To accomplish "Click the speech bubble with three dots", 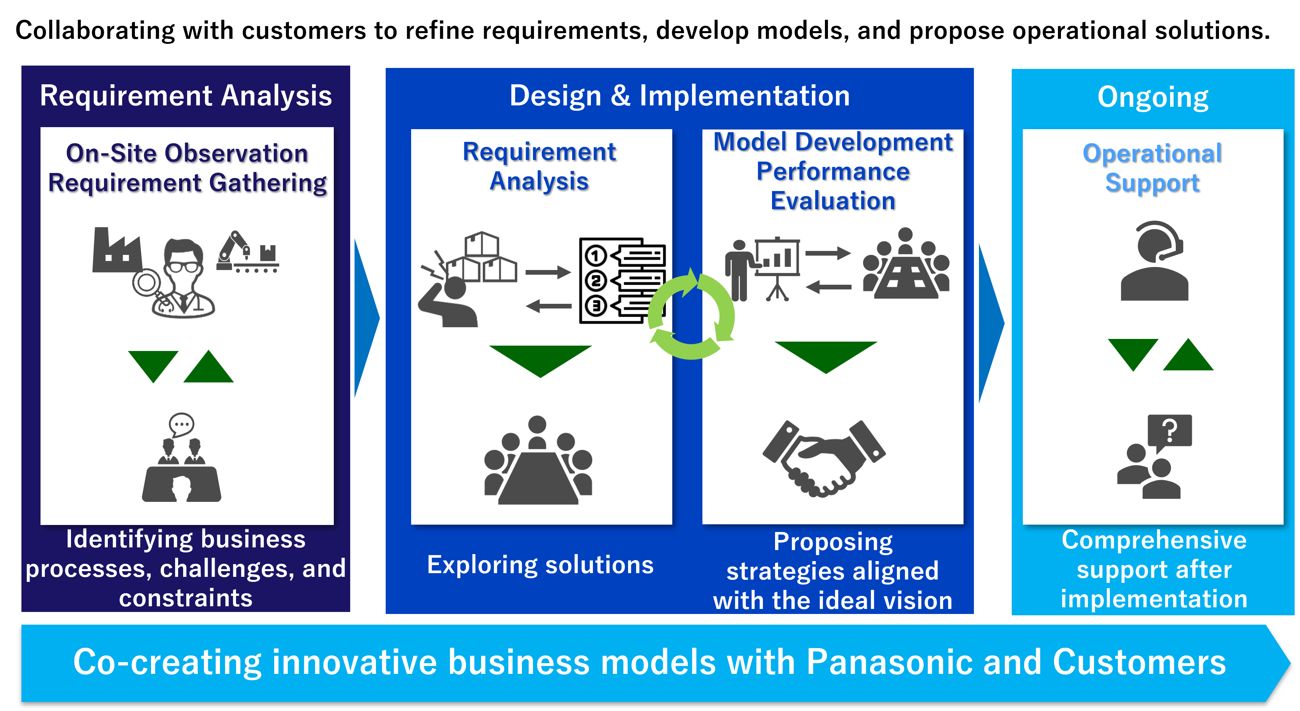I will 181,425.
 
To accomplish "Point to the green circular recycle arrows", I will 691,315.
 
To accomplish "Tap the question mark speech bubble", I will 1169,431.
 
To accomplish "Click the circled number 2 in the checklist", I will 596,280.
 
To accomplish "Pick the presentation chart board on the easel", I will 777,258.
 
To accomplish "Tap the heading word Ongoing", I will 1153,97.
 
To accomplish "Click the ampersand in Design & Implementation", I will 620,96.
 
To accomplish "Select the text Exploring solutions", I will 540,565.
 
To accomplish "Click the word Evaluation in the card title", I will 833,201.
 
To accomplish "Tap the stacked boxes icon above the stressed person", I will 482,257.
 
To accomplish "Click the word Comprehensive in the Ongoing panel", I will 1154,540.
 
